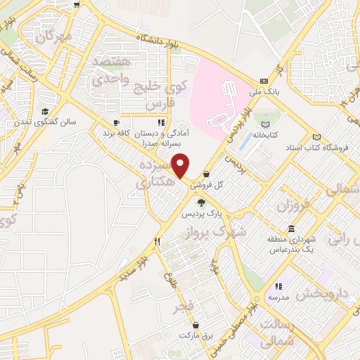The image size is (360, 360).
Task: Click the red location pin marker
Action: [x=181, y=166]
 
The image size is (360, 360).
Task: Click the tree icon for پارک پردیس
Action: [x=201, y=202]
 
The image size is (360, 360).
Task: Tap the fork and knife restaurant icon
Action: [x=157, y=241]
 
